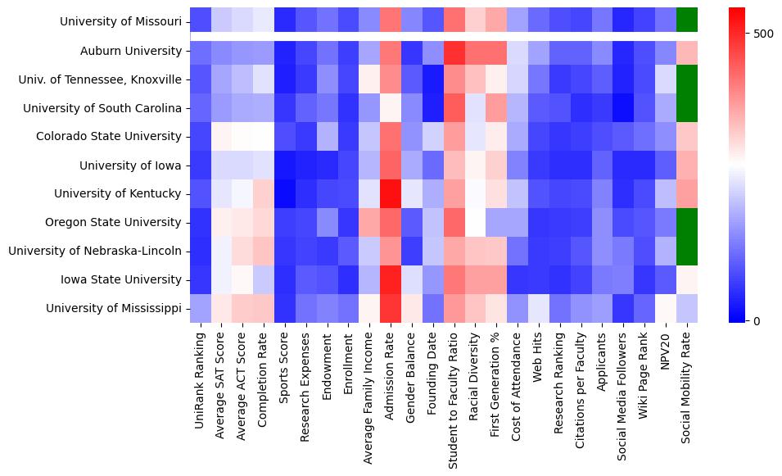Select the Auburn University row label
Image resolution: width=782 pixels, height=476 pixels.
(x=131, y=51)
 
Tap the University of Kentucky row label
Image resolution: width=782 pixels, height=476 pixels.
(x=118, y=193)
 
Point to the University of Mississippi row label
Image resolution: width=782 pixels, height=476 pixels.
(x=114, y=308)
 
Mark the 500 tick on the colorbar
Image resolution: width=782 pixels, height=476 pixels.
(x=763, y=34)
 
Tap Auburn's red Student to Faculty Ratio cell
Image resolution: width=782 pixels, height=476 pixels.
(x=455, y=51)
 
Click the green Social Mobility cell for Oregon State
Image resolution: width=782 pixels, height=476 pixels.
(x=686, y=222)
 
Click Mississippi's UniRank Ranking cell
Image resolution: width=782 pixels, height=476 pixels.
(x=200, y=308)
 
